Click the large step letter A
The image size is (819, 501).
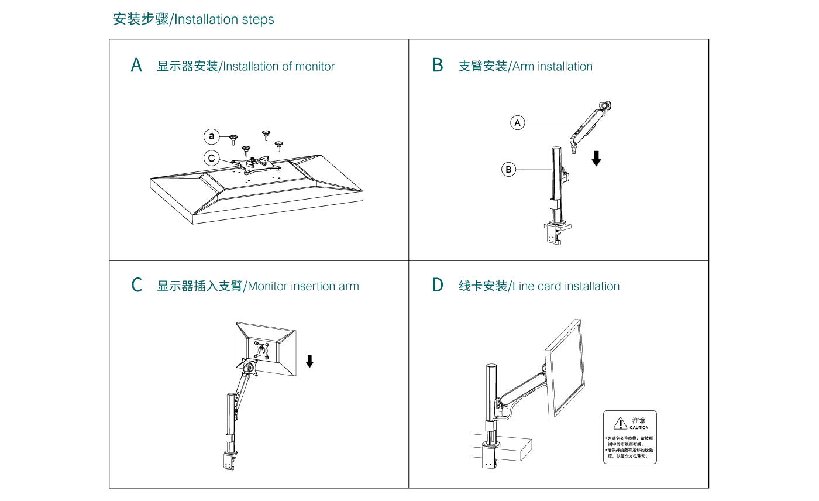click(136, 66)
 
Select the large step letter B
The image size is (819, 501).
click(438, 66)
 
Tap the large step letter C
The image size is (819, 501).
click(136, 286)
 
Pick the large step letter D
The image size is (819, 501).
click(438, 286)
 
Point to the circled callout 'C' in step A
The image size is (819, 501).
click(212, 158)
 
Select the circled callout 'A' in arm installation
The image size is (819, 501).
click(517, 122)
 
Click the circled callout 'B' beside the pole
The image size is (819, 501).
click(509, 170)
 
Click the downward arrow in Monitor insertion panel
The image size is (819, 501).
click(309, 361)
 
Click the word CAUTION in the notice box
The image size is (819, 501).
click(639, 427)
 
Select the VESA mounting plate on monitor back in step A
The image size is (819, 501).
click(252, 164)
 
